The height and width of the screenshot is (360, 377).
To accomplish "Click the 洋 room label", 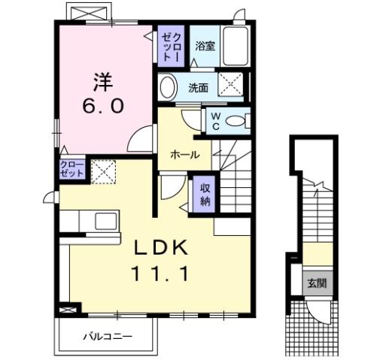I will click(102, 80).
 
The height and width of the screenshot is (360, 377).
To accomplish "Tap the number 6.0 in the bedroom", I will click(102, 106).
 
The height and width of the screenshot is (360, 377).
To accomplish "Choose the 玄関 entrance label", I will click(316, 283).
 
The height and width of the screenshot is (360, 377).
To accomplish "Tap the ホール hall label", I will click(184, 156).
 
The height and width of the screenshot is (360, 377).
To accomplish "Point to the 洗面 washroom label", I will click(198, 86).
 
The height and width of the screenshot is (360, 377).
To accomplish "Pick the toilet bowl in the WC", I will click(238, 121).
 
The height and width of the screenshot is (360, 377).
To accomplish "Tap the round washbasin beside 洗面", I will click(169, 86).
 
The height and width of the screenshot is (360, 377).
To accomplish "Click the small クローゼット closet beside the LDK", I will click(73, 168).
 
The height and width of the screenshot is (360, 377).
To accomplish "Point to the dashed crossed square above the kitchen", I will click(102, 172).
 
